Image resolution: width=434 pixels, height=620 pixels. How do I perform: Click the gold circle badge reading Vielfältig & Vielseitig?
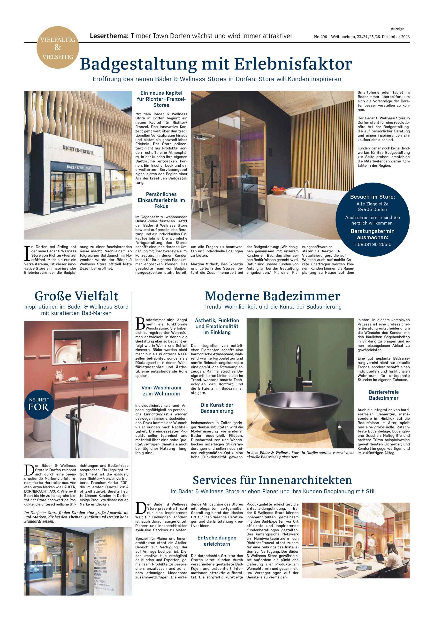(x=58, y=47)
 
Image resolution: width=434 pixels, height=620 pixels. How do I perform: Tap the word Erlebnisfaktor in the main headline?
(x=293, y=64)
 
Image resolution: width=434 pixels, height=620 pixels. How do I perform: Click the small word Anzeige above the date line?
(x=397, y=29)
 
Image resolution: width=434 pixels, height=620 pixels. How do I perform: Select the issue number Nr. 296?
(x=320, y=37)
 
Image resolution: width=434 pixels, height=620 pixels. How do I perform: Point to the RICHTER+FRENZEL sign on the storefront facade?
(x=78, y=150)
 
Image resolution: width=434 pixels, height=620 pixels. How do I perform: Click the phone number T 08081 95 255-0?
(x=373, y=244)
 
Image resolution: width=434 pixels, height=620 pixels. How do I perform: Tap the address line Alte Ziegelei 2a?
(x=373, y=204)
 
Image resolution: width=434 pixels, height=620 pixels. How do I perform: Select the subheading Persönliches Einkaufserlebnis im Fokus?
(x=161, y=200)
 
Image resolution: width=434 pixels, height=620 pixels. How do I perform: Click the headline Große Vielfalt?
(x=76, y=296)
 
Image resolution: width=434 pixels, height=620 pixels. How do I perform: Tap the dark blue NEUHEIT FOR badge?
(x=39, y=404)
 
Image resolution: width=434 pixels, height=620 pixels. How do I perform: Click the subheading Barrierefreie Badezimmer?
(x=383, y=395)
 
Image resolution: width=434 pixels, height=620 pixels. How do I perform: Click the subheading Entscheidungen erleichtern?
(x=217, y=541)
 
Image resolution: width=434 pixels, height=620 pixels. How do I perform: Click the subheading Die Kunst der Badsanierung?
(x=217, y=408)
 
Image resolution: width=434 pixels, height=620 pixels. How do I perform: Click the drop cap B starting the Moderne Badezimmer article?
(x=140, y=324)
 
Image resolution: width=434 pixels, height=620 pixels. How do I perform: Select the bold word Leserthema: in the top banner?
(x=109, y=36)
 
